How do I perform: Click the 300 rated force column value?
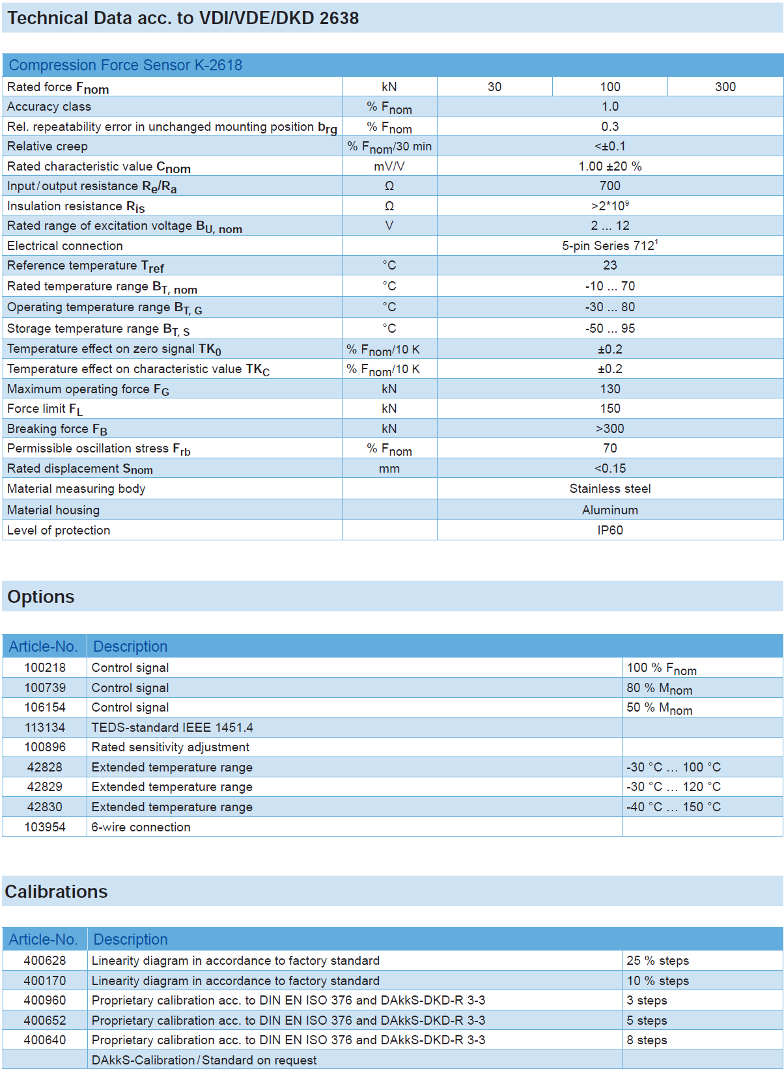pos(725,87)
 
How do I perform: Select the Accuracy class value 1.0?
pos(609,106)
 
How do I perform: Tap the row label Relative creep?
pos(48,146)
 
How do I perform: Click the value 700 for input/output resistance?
pos(609,186)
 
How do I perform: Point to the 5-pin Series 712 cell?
pos(609,245)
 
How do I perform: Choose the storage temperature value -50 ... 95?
pos(609,328)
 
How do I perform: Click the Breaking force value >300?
pos(609,428)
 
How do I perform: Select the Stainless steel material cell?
pos(609,488)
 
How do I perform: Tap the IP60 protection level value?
pos(609,530)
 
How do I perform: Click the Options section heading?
pos(41,596)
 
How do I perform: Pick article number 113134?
pos(45,727)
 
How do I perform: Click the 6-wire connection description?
pos(141,827)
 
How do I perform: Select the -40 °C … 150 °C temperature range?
pos(673,807)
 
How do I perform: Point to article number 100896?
pos(45,747)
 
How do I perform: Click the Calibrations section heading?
pos(56,891)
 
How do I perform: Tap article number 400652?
pos(45,1020)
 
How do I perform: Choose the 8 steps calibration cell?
pos(647,1040)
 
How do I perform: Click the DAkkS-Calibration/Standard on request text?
pos(204,1060)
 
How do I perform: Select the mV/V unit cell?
pos(389,166)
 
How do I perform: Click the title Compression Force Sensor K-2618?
pos(125,65)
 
